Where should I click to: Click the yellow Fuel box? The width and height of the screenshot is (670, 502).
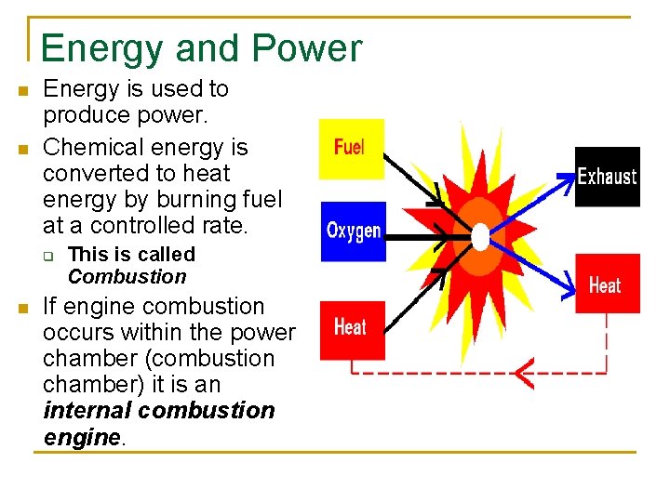coord(351,149)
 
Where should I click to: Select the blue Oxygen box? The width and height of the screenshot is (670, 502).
coord(354,231)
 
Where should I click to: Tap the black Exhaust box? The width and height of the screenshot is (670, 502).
coord(607,177)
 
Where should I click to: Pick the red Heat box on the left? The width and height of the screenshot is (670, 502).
coord(351,329)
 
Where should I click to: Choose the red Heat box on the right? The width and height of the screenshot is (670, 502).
coord(606,284)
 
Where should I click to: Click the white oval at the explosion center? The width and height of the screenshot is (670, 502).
coord(480,236)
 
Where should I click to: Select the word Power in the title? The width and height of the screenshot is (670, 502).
coord(312,48)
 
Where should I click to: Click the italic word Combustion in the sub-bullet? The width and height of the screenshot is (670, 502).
coord(127,277)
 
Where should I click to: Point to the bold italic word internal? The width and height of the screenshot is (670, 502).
coord(89,411)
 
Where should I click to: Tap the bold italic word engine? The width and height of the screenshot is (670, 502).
coord(82,437)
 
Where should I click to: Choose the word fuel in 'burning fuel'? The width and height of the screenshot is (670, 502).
coord(261,199)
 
